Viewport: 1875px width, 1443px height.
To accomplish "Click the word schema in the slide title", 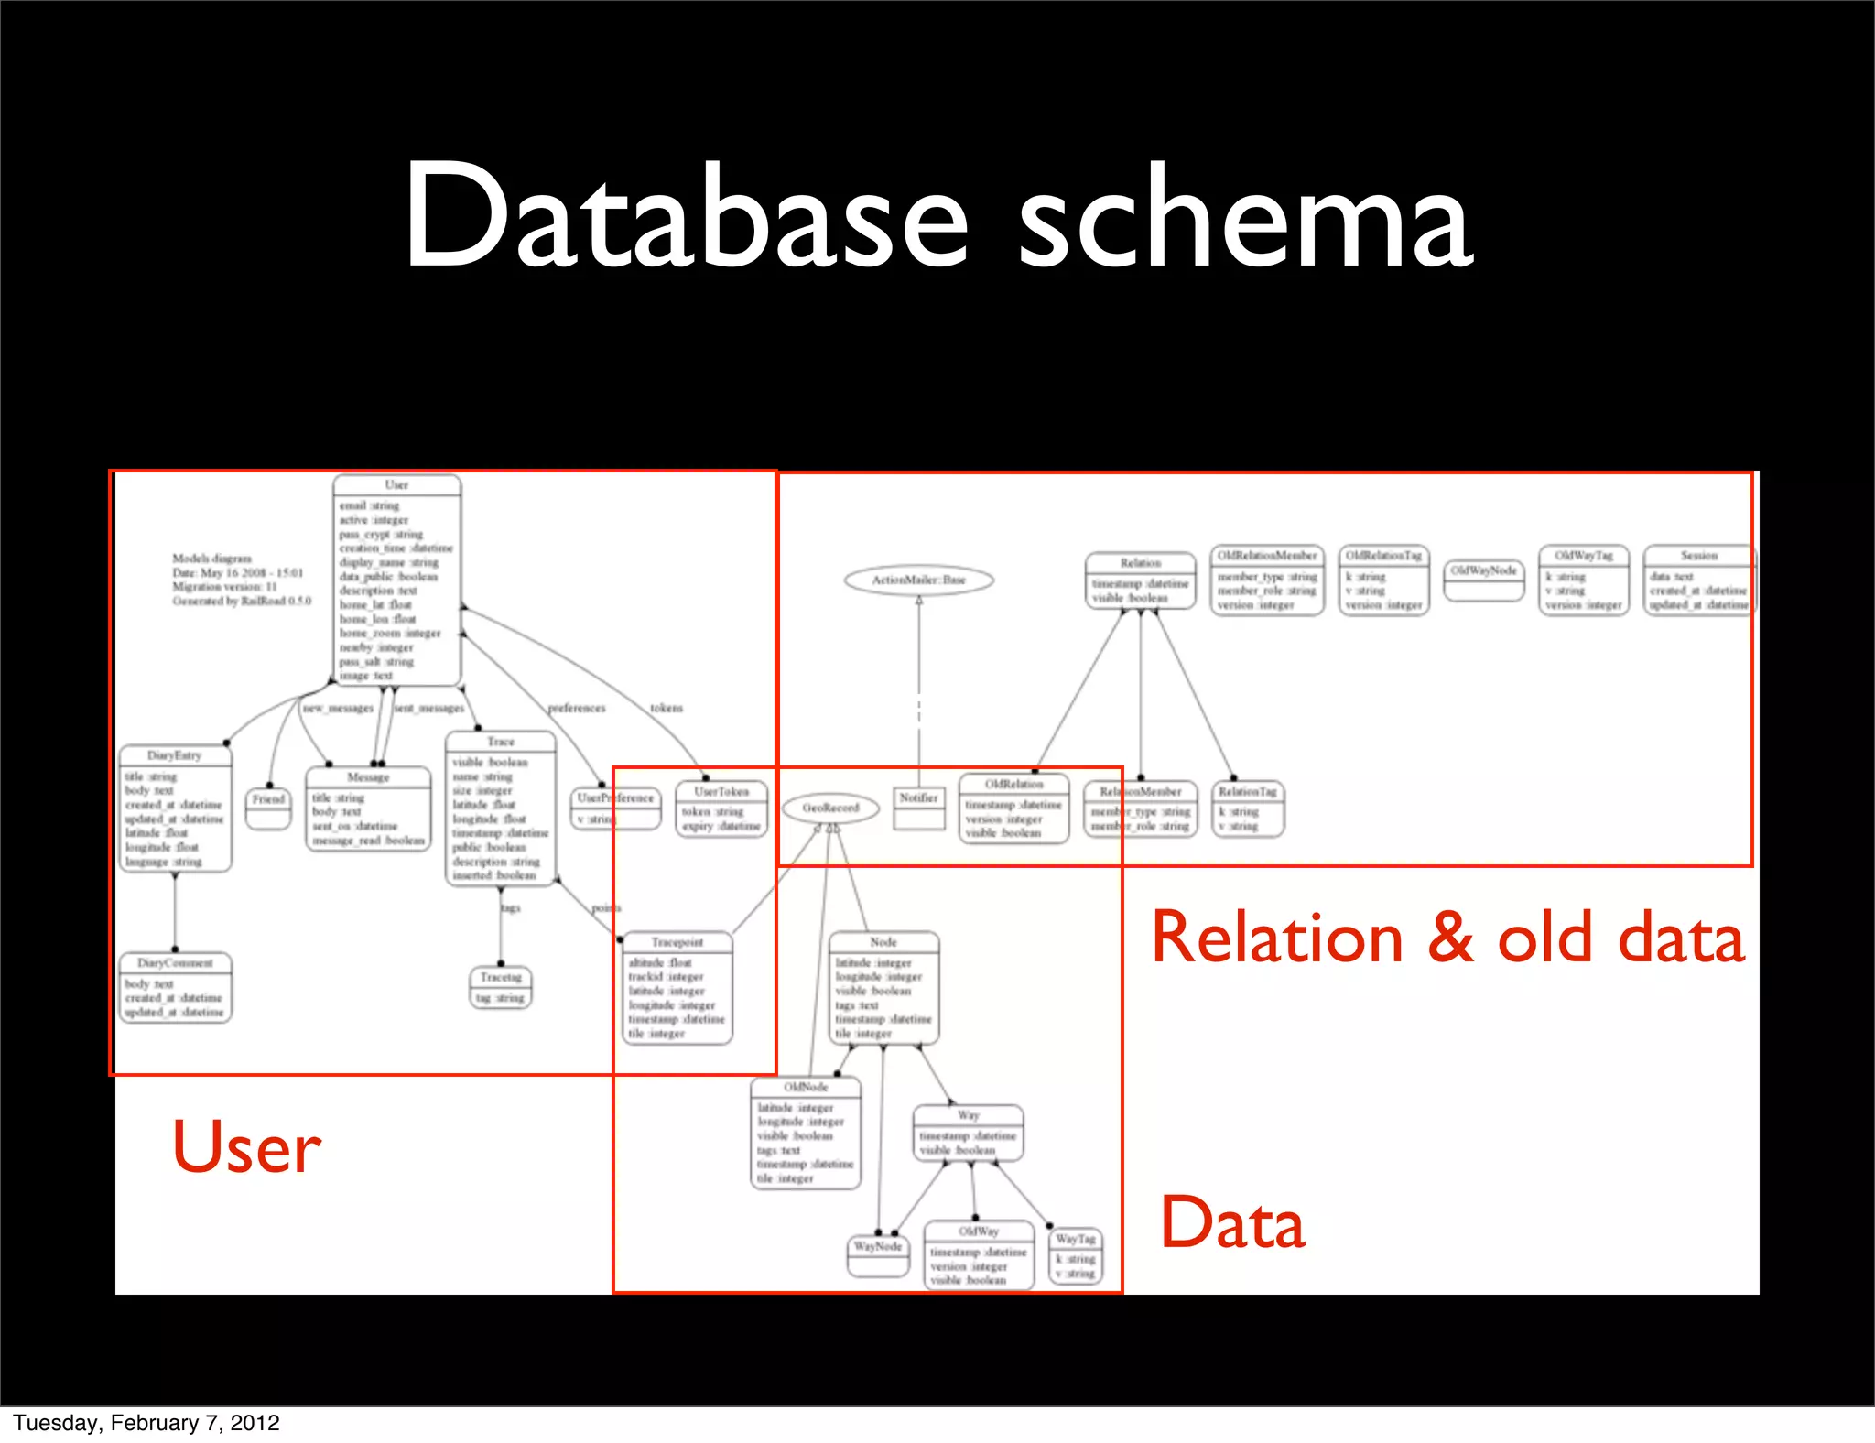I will pos(1245,218).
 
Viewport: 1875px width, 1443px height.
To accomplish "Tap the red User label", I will pos(246,1146).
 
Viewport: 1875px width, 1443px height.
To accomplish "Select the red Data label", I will pos(1232,1223).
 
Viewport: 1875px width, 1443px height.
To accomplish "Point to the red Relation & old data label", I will pos(1447,938).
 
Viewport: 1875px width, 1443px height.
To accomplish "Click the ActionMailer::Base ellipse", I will pos(918,580).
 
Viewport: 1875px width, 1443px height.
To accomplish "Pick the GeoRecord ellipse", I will pos(830,808).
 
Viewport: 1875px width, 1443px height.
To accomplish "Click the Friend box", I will pos(268,808).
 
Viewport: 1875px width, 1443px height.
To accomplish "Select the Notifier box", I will pos(918,808).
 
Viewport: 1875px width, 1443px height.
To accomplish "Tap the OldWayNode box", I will pos(1484,580).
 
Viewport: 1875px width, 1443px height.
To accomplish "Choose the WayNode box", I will pos(878,1255).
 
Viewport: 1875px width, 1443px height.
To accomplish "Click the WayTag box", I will pos(1075,1257).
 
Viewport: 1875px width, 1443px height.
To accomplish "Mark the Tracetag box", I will pos(501,987).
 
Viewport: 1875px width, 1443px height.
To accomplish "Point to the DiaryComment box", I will pos(175,987).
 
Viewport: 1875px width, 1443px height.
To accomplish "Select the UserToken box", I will pos(721,808).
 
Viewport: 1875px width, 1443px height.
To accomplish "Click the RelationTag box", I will pos(1248,808).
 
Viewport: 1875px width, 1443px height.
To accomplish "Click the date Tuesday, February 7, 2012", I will pos(146,1423).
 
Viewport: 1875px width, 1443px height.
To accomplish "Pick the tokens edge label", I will pos(667,708).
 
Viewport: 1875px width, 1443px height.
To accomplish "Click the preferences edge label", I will pos(577,708).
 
